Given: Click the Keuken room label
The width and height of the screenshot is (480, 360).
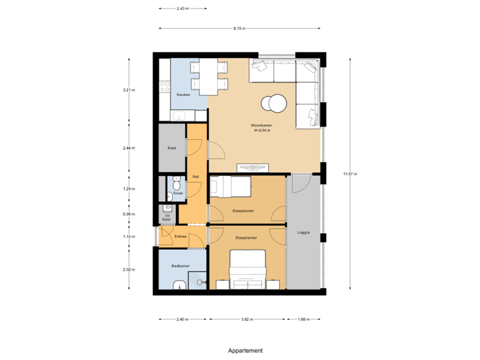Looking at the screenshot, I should point(183,95).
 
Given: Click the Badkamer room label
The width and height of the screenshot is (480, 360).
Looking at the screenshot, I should point(181,265).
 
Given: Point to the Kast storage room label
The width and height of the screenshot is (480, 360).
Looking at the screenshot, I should point(171,148).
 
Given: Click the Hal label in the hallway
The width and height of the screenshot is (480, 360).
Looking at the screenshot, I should point(195,176).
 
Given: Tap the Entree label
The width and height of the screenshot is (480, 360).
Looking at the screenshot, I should point(181,236).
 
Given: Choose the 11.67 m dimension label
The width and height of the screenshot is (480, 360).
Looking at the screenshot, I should point(350,173).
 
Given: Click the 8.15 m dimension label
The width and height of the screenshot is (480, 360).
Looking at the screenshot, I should point(239,28).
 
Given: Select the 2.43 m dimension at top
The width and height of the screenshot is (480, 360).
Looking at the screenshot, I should point(182,9).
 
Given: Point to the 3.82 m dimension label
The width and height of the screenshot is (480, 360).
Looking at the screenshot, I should point(247,319).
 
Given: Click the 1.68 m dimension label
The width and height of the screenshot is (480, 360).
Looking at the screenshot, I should point(303,319).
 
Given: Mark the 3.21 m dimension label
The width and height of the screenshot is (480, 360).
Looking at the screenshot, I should point(129,90).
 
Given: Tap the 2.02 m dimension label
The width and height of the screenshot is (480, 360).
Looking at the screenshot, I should point(129,269).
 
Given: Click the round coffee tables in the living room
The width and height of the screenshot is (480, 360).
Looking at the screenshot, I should point(273,103).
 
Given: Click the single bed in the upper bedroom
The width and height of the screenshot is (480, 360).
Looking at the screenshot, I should point(230,187).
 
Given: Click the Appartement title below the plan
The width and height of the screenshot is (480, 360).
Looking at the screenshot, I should point(245,350).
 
